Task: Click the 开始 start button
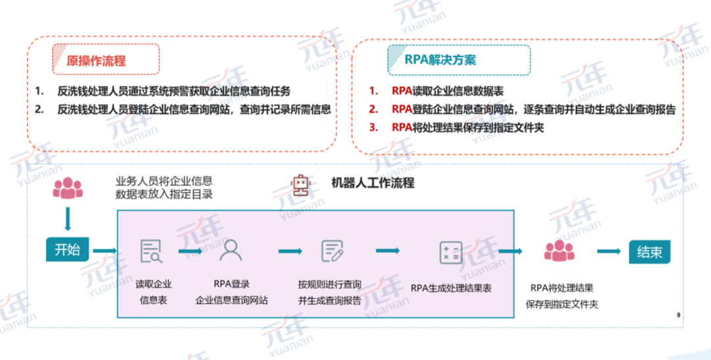point(67,251)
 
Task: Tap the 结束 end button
point(650,251)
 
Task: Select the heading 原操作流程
point(96,61)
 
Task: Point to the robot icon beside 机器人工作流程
point(300,184)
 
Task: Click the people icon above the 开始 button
point(68,189)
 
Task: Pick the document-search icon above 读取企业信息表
point(151,251)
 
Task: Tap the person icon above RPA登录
point(231,250)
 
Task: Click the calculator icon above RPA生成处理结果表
point(451,252)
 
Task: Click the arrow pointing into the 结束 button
point(608,251)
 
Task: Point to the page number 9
point(678,315)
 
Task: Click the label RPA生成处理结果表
point(451,288)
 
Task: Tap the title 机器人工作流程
point(373,183)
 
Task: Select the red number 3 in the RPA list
point(373,128)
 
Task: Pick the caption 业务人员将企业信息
point(164,180)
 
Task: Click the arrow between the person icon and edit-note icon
point(290,251)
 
